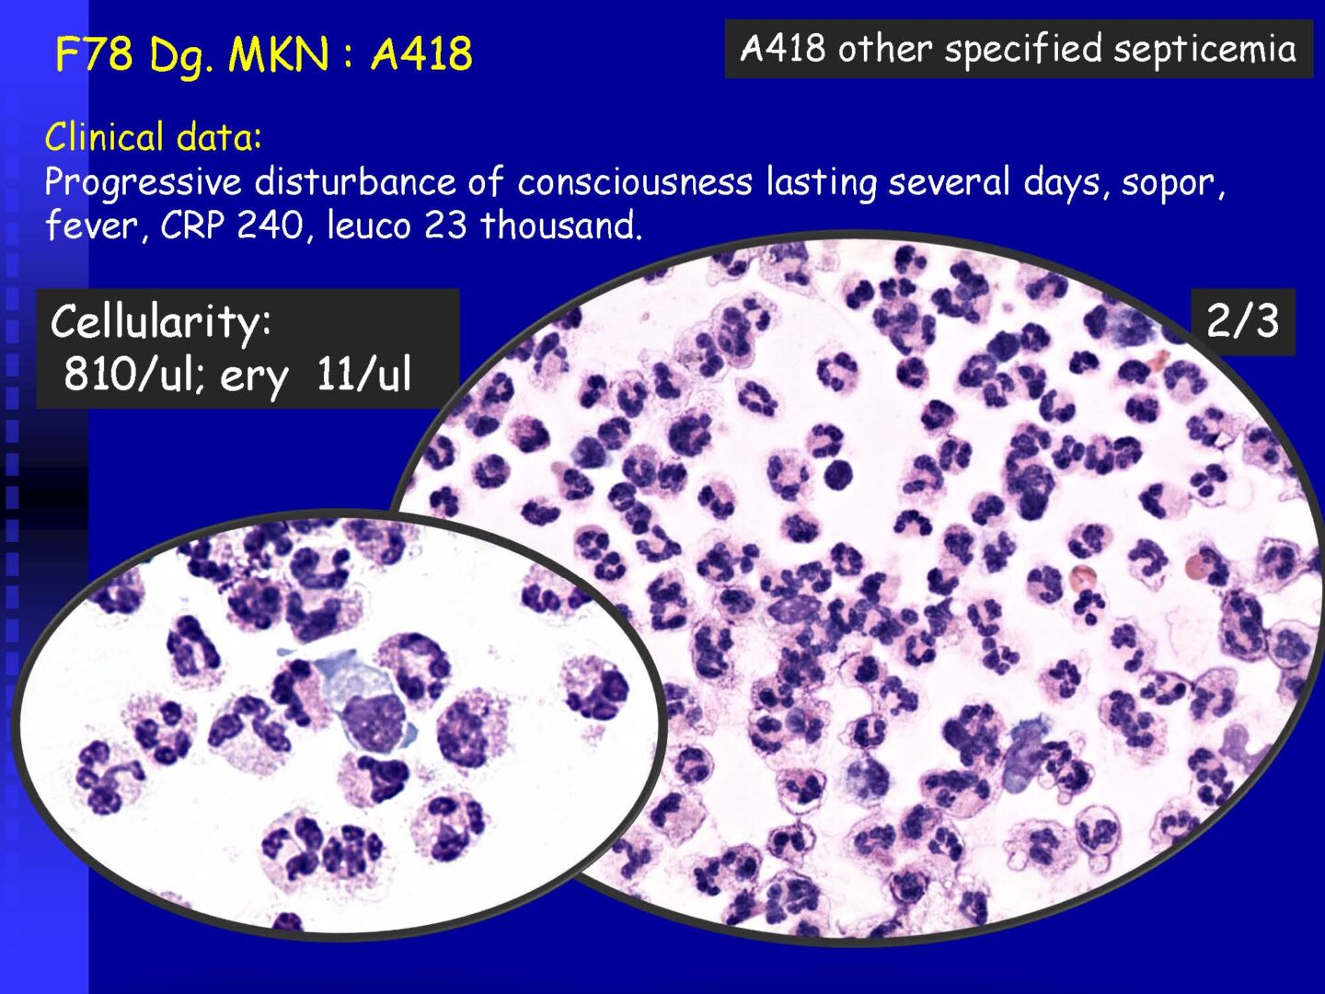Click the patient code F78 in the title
click(x=94, y=53)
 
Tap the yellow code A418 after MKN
click(x=421, y=53)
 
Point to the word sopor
click(x=1173, y=182)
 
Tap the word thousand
click(x=560, y=225)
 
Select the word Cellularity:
click(x=161, y=322)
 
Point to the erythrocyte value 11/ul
click(x=364, y=375)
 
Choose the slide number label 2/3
click(x=1242, y=322)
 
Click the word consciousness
click(x=634, y=182)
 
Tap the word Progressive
click(x=143, y=182)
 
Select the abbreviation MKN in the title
click(x=278, y=53)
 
